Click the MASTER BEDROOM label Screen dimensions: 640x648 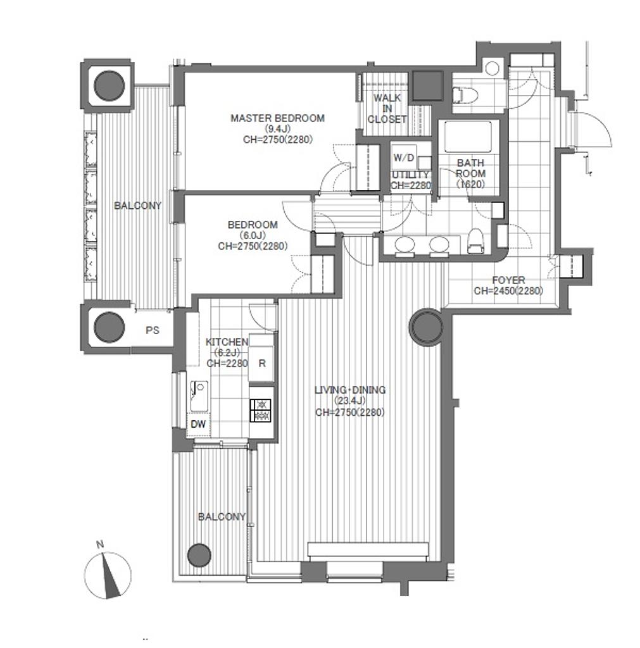(x=277, y=118)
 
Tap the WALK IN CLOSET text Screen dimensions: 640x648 (x=387, y=109)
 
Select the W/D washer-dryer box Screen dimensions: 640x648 (x=403, y=157)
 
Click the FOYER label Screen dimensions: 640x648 (x=508, y=280)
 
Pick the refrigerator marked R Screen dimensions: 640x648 (x=261, y=358)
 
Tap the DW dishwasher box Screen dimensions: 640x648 (x=198, y=425)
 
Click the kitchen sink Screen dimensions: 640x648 (x=199, y=396)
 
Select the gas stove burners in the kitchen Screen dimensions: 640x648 (x=260, y=410)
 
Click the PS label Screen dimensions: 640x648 (x=152, y=330)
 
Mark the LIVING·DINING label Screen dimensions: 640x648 (x=350, y=390)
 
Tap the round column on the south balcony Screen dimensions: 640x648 (x=199, y=556)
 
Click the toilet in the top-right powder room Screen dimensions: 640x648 (x=465, y=95)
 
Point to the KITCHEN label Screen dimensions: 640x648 (x=227, y=342)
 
